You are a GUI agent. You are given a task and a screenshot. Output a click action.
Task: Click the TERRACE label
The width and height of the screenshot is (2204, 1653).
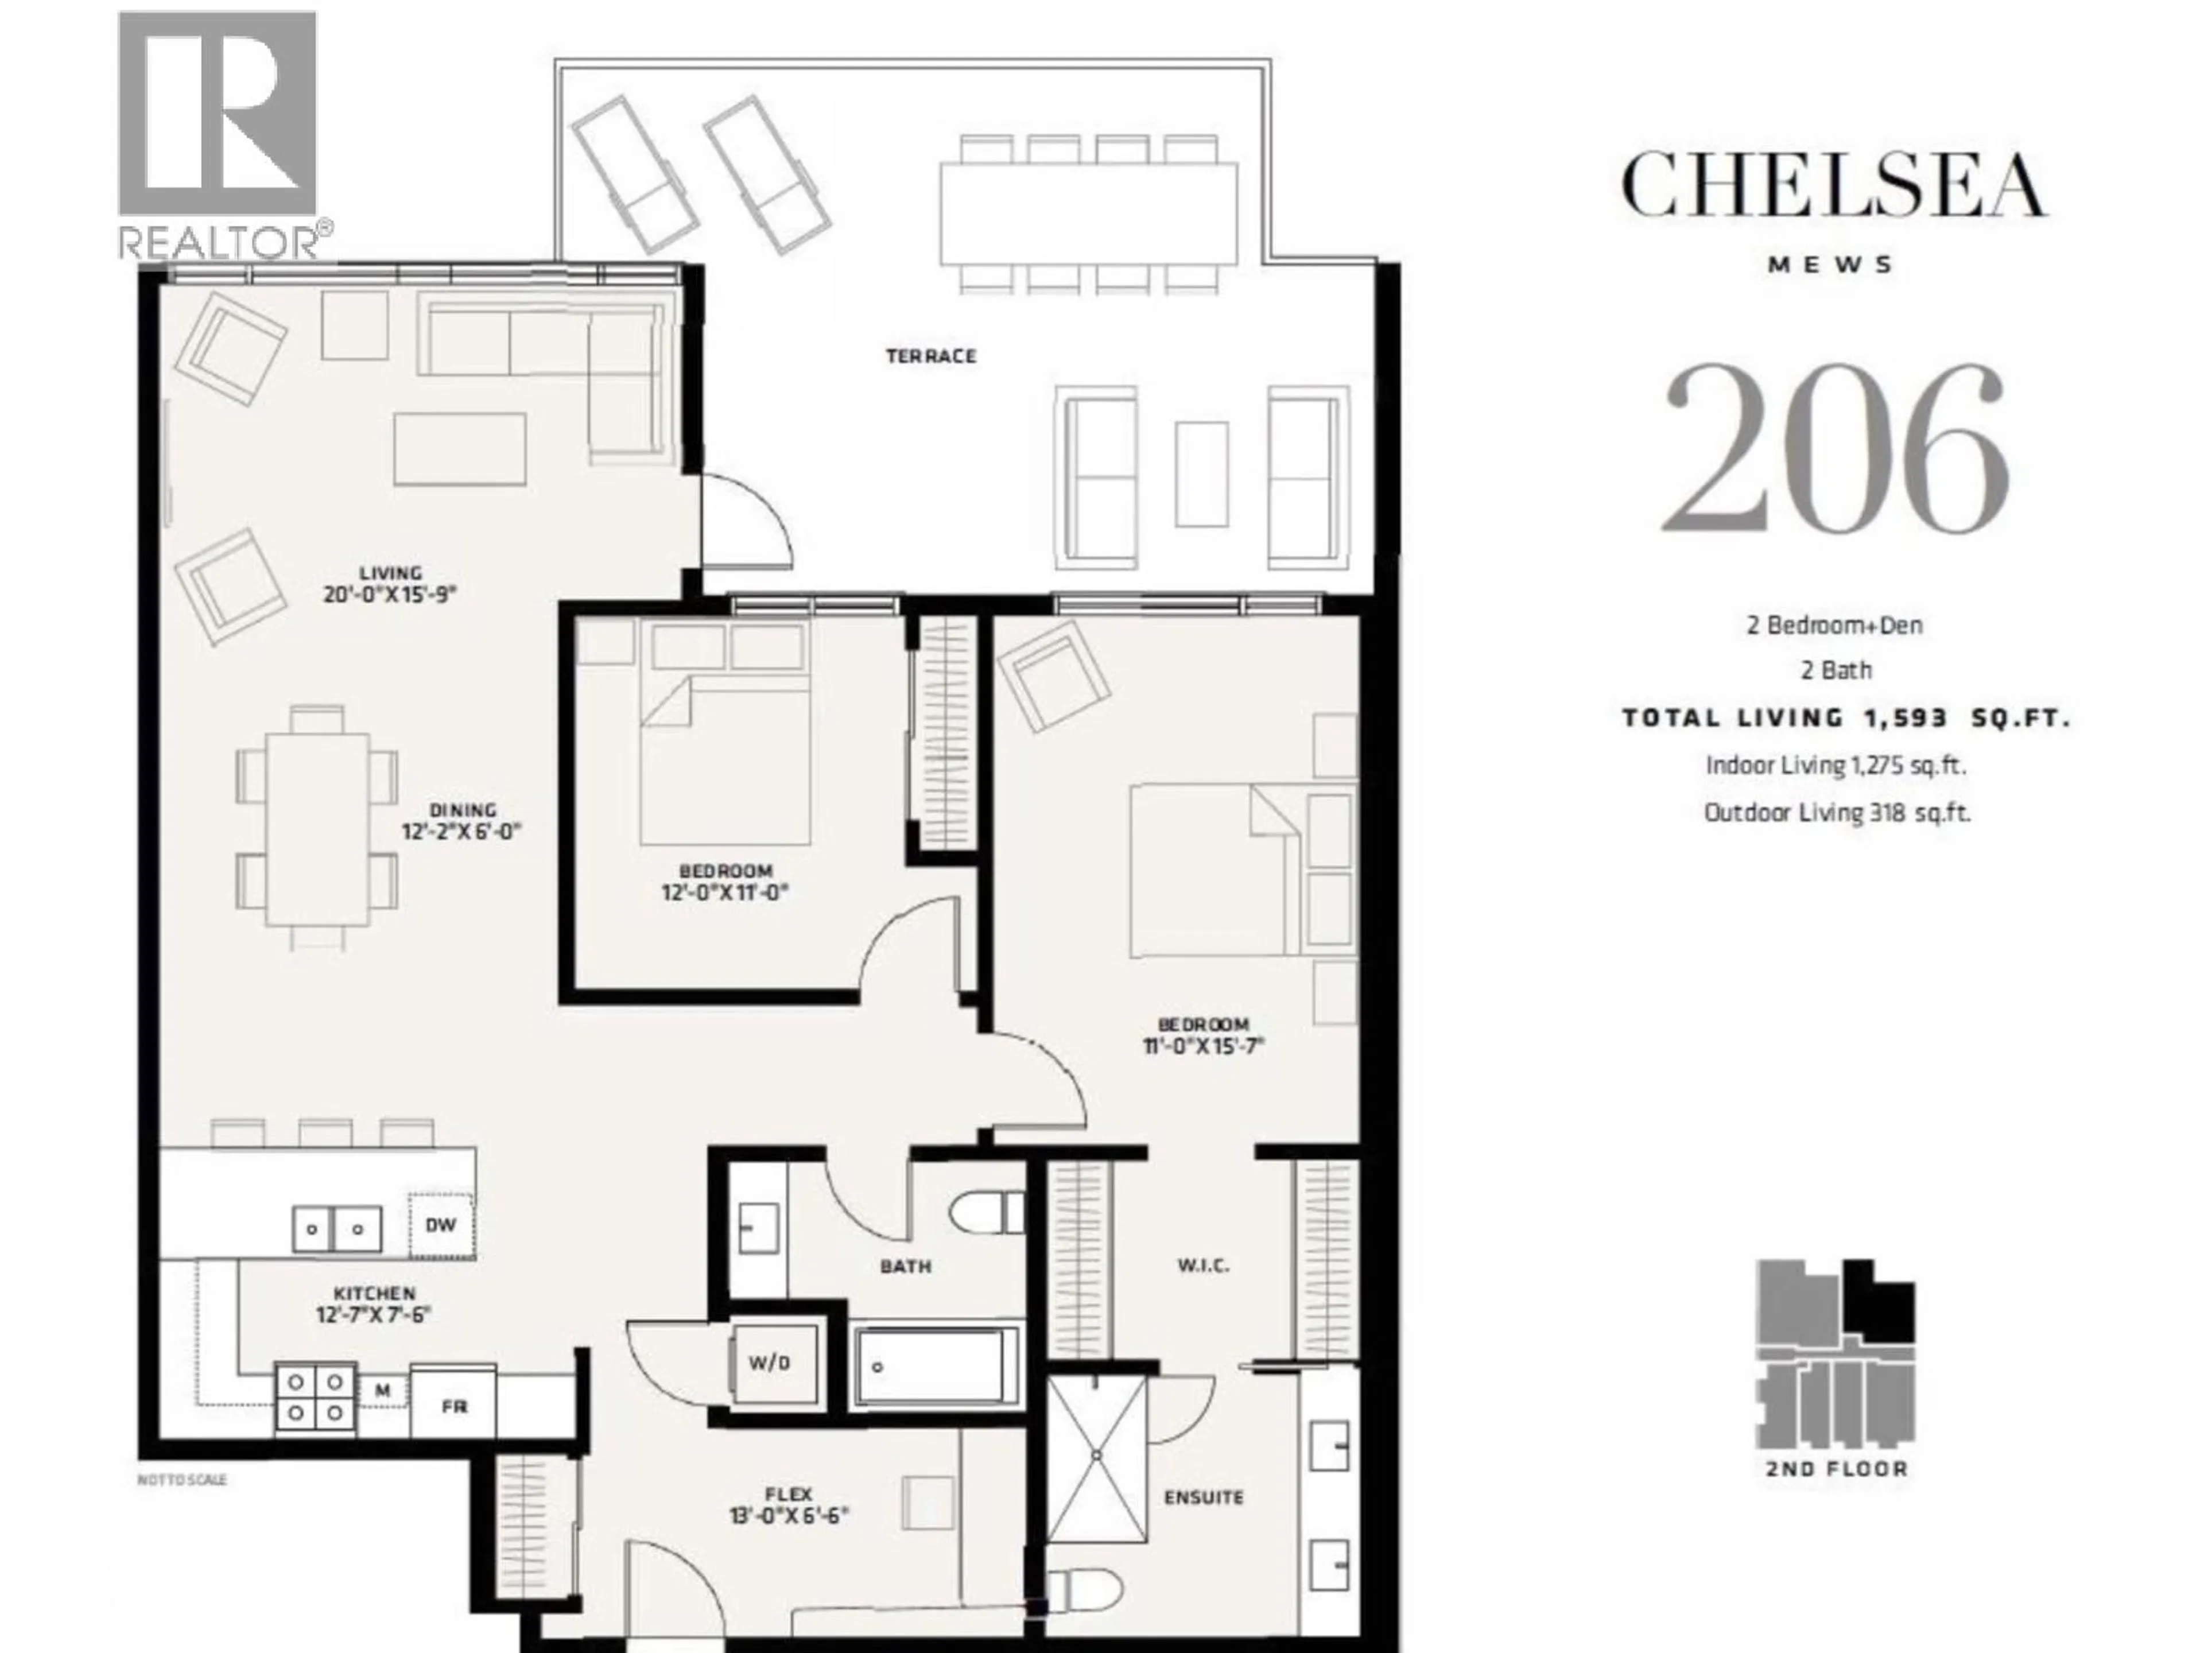(930, 356)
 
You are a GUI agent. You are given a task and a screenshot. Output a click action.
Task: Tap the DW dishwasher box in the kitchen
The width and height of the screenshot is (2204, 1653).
(440, 1225)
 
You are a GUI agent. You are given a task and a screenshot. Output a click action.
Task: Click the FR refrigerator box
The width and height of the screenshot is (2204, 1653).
(453, 1406)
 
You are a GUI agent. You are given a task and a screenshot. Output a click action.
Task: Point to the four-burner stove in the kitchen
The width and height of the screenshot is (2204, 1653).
(315, 1398)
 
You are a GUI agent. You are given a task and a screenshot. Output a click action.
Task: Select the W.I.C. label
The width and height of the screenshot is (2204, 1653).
(1202, 1266)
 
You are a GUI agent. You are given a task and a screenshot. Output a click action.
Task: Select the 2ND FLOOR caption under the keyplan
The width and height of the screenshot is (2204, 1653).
(1836, 1469)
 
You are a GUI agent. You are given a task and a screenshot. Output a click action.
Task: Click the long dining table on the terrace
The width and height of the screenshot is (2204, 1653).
(1088, 214)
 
